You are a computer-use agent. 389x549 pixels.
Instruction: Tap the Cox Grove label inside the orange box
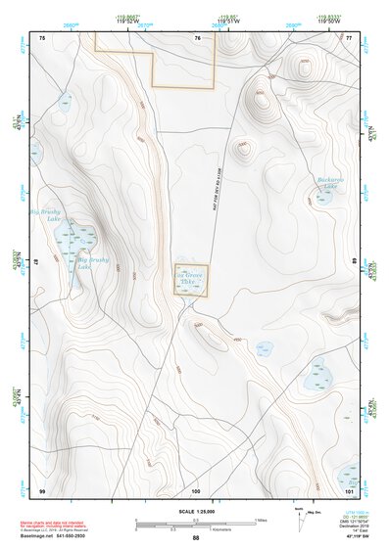tap(191, 279)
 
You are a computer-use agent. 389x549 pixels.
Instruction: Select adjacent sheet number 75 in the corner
tap(42, 37)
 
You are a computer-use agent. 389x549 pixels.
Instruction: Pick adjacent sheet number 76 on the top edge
tap(197, 37)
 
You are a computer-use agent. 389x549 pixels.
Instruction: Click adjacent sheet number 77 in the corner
tap(349, 37)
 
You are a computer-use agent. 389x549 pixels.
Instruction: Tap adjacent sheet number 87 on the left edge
tap(37, 263)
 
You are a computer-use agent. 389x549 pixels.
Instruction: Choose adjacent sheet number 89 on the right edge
tap(354, 263)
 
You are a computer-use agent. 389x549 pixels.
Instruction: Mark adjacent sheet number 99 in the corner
tap(42, 489)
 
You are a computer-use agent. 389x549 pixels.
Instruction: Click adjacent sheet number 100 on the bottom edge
tap(196, 489)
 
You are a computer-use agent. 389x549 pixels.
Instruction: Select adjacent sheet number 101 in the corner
tap(348, 489)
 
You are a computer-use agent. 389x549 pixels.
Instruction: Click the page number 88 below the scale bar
tap(196, 538)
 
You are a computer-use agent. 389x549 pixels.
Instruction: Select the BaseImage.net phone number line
tap(60, 535)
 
